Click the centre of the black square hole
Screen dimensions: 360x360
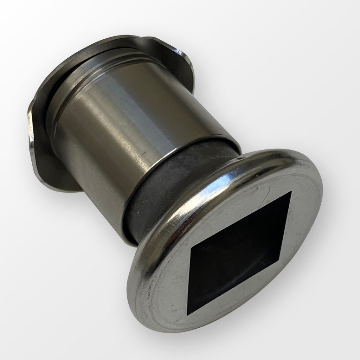241,252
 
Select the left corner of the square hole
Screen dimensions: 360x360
190,249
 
